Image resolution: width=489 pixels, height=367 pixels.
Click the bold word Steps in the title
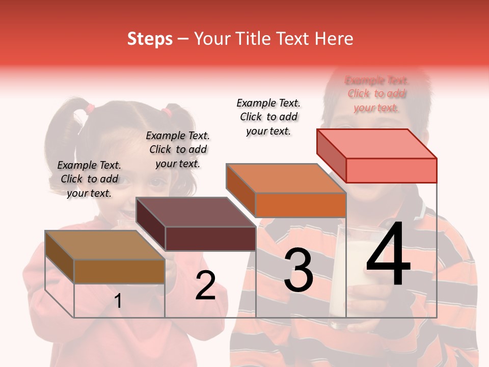(150, 39)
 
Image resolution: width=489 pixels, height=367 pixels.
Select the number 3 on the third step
(298, 270)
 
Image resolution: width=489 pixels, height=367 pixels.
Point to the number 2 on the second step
(205, 285)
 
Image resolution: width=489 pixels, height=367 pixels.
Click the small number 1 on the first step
(118, 301)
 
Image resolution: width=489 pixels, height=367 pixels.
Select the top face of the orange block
(286, 178)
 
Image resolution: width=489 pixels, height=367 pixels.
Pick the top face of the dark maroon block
(196, 212)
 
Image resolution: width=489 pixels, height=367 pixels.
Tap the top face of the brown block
(105, 245)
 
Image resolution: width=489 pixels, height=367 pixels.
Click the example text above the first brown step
(90, 179)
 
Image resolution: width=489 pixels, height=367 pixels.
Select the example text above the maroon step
(178, 149)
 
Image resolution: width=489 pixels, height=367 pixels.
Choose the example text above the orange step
(268, 117)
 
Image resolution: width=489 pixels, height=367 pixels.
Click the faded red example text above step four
(376, 94)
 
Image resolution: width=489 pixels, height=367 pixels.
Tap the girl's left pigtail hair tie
(90, 108)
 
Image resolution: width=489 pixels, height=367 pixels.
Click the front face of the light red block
(391, 170)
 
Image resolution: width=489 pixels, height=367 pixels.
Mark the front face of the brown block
(119, 272)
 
